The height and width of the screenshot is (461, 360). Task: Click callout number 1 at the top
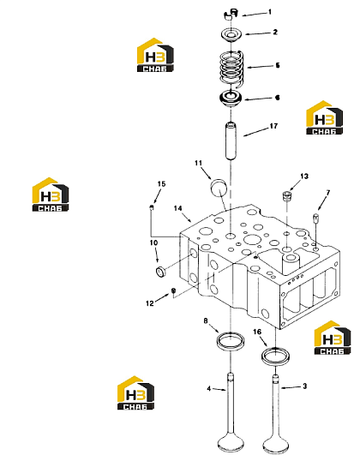[270, 12]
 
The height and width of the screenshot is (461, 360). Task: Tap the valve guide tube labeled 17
[231, 141]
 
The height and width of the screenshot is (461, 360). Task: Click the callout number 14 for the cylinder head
[177, 208]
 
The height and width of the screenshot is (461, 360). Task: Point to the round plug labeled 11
[219, 187]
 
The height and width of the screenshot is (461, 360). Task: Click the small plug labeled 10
[160, 272]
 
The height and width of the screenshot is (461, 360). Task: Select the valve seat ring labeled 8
[231, 340]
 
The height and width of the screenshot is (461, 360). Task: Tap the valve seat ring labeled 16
[276, 356]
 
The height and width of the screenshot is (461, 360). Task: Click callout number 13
[304, 177]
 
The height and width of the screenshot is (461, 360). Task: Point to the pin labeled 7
[315, 219]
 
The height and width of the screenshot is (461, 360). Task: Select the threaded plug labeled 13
[287, 196]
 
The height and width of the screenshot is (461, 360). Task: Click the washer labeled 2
[231, 33]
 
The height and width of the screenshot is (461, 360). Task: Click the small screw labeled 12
[173, 290]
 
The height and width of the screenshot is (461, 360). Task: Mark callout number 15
[161, 183]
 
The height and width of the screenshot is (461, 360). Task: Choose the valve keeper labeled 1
[231, 15]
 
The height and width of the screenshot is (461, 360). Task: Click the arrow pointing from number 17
[256, 132]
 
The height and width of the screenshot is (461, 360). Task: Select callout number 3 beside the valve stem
[304, 386]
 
